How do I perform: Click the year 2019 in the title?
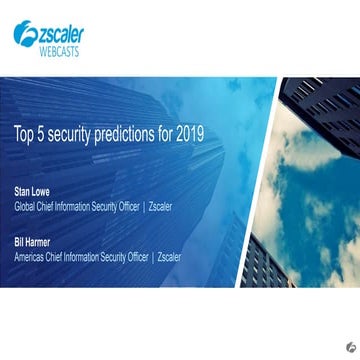[189, 132]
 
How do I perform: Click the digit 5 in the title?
[39, 132]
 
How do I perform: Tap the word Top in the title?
[23, 132]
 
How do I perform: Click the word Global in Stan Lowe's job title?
[25, 206]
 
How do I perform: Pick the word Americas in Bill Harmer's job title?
[31, 256]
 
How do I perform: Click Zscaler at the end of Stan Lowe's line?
[160, 206]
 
